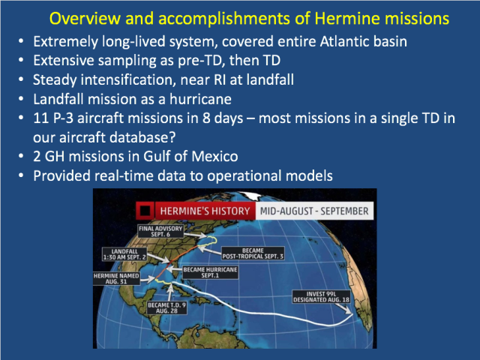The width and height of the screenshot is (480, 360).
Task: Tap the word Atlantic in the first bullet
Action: pyautogui.click(x=339, y=41)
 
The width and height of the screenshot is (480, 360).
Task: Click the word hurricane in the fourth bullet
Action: pyautogui.click(x=200, y=99)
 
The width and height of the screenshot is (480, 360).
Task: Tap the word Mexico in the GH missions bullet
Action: pyautogui.click(x=214, y=157)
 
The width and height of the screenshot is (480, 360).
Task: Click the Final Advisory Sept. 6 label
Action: pyautogui.click(x=160, y=232)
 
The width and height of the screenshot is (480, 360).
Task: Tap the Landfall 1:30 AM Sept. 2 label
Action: pyautogui.click(x=124, y=254)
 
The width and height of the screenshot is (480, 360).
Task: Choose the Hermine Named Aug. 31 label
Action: pyautogui.click(x=116, y=278)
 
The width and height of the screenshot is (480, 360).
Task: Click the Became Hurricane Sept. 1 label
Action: pyautogui.click(x=210, y=272)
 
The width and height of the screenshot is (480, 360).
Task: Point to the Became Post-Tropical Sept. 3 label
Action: pyautogui.click(x=253, y=253)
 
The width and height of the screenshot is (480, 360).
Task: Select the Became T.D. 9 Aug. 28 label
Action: pyautogui.click(x=166, y=307)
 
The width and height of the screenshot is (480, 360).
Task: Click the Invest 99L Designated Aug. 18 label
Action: pyautogui.click(x=321, y=297)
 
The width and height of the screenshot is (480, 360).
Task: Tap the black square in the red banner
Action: pyautogui.click(x=145, y=211)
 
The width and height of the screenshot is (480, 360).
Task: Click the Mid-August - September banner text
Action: pyautogui.click(x=314, y=211)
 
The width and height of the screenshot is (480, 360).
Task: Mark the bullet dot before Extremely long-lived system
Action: pyautogui.click(x=21, y=41)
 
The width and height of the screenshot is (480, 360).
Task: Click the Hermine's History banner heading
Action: pyautogui.click(x=205, y=211)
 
